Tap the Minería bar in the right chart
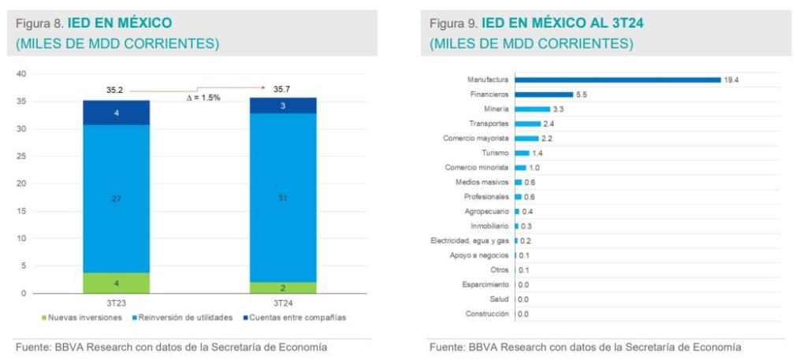pyautogui.click(x=532, y=109)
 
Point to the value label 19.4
pyautogui.click(x=731, y=80)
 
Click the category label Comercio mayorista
pyautogui.click(x=475, y=138)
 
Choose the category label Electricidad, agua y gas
pyautogui.click(x=470, y=240)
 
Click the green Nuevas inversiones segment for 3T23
pyautogui.click(x=116, y=283)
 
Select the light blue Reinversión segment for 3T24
pyautogui.click(x=283, y=197)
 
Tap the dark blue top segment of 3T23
pyautogui.click(x=116, y=113)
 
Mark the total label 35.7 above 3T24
pyautogui.click(x=282, y=90)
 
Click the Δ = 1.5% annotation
pyautogui.click(x=203, y=98)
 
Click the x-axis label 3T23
pyautogui.click(x=116, y=302)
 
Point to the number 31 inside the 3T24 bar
pyautogui.click(x=283, y=198)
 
